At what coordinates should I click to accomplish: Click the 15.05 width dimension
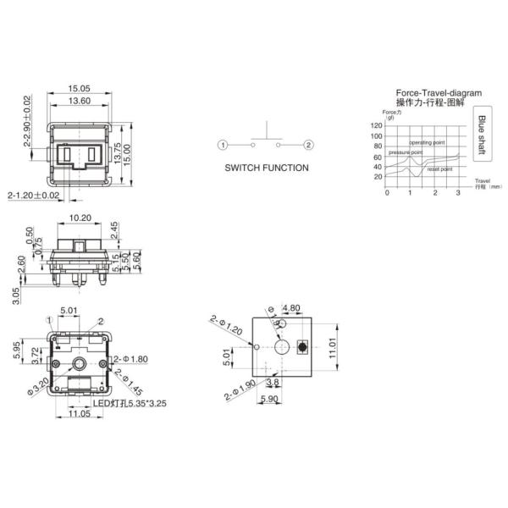point(80,87)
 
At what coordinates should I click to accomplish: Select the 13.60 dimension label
point(80,101)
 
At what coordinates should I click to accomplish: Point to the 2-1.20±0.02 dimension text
point(34,196)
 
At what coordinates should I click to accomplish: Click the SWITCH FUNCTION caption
point(266,168)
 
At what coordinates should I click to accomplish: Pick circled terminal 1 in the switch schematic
point(222,146)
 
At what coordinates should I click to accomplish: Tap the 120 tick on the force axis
point(377,124)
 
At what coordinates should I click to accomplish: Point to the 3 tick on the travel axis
point(458,193)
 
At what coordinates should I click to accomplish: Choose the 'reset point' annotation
point(439,169)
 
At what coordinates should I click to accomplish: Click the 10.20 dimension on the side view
point(80,218)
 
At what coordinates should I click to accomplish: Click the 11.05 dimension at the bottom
point(80,414)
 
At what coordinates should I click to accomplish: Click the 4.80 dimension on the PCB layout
point(290,307)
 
